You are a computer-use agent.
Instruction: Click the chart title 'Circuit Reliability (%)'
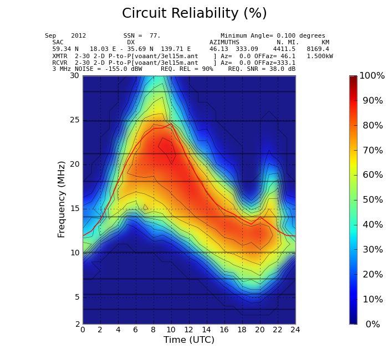click(194, 14)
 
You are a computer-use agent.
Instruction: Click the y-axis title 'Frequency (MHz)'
click(62, 199)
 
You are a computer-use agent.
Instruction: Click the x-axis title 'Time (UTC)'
click(189, 340)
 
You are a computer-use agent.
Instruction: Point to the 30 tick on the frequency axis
click(74, 76)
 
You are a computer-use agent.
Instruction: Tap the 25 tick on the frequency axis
click(74, 120)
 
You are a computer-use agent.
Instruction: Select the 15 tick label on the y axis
click(74, 209)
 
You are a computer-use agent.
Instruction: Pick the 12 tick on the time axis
click(189, 330)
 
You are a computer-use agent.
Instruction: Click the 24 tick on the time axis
click(295, 330)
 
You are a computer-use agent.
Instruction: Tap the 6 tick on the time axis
click(136, 330)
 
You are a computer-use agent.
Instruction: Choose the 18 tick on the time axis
click(242, 330)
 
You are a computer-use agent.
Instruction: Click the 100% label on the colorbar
click(372, 76)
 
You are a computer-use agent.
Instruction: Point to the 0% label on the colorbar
click(372, 325)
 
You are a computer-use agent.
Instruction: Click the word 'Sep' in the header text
click(50, 36)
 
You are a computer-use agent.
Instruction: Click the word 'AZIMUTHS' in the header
click(224, 43)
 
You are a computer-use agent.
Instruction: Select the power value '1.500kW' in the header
click(320, 56)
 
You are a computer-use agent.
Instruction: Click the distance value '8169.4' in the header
click(318, 49)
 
